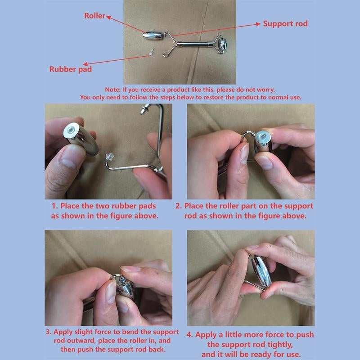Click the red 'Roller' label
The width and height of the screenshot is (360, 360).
click(94, 16)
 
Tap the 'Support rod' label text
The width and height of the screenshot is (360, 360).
click(285, 24)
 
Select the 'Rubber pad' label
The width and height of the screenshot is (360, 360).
click(71, 69)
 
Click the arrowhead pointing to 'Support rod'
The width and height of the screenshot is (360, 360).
click(258, 24)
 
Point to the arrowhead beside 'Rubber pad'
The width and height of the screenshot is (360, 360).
click(85, 64)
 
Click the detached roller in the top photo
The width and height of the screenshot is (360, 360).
click(153, 36)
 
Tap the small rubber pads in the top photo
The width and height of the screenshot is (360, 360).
click(151, 52)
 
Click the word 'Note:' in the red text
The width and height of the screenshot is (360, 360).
click(113, 90)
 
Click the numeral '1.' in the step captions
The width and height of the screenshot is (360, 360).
click(54, 206)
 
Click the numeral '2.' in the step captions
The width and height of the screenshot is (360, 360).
click(179, 206)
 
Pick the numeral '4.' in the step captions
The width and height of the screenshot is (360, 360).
click(189, 335)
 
